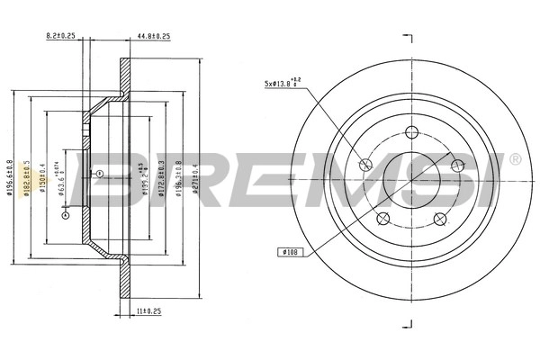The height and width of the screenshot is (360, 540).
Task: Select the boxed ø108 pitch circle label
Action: (x=290, y=252)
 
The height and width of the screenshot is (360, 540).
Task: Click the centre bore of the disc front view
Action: (x=410, y=175)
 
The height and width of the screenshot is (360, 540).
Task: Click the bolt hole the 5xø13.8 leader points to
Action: (x=365, y=164)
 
